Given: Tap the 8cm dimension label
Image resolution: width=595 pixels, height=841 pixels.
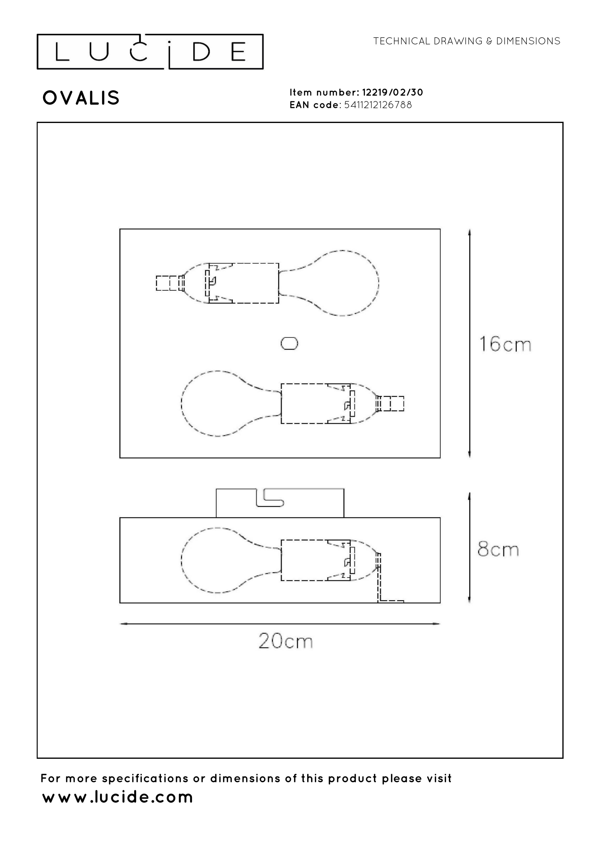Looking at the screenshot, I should coord(498,549).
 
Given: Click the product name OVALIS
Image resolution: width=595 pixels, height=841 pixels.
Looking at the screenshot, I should coord(81,98).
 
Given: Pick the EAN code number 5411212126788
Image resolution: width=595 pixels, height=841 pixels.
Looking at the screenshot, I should coord(378,105).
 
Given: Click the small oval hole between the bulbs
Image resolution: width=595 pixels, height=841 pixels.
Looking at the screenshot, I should coord(289,344).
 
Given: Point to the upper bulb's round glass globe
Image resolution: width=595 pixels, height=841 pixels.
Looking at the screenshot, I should coord(345,283).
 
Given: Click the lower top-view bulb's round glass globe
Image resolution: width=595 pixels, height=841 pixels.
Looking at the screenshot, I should coord(216,403).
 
